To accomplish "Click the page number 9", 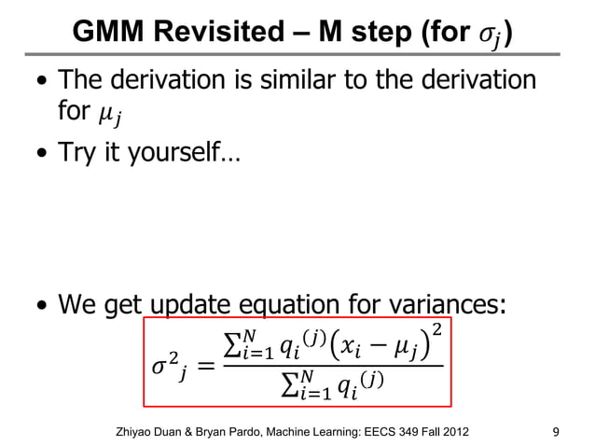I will [x=557, y=430].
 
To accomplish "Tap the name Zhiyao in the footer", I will [x=132, y=431].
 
